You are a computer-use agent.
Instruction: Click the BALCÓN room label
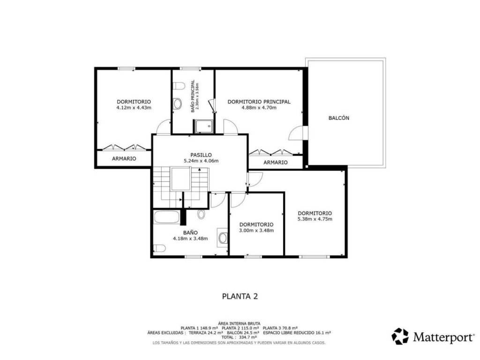(x=338, y=118)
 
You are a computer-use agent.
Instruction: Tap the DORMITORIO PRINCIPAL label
(x=259, y=102)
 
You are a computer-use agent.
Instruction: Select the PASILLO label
(x=201, y=155)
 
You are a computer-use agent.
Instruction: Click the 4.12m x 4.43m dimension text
(x=134, y=107)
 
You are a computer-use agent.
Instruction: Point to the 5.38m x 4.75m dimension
(x=315, y=219)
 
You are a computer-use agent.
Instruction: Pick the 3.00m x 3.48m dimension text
(x=256, y=230)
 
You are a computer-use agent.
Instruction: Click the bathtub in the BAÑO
(x=166, y=217)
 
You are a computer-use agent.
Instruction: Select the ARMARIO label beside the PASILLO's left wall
(x=124, y=158)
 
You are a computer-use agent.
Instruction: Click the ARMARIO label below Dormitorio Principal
(x=276, y=162)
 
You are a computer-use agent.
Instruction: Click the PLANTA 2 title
(x=240, y=296)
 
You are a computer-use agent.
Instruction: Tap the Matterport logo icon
(x=400, y=336)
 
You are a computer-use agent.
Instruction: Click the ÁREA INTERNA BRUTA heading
(x=240, y=323)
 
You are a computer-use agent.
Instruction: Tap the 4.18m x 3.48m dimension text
(x=190, y=239)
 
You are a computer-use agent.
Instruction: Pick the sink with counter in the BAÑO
(x=223, y=238)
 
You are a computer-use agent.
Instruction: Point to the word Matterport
(x=443, y=337)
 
